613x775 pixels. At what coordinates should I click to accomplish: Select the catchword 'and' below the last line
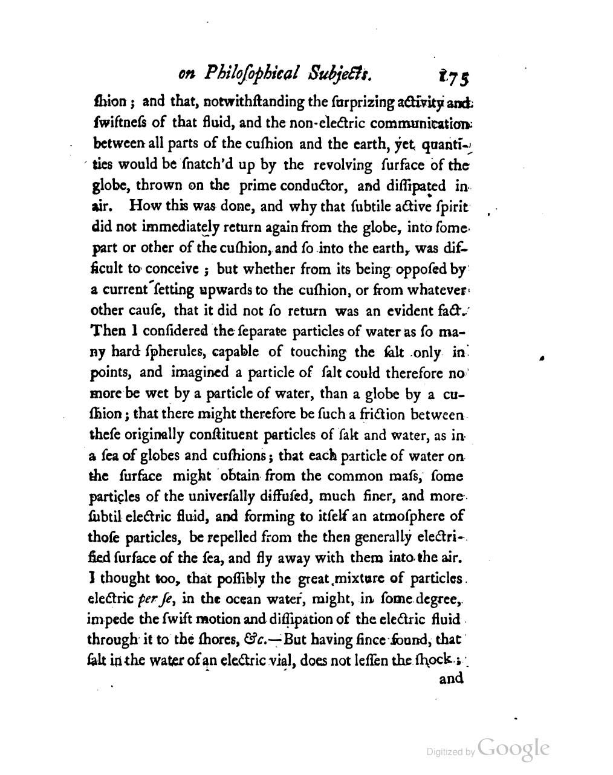tap(451, 678)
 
